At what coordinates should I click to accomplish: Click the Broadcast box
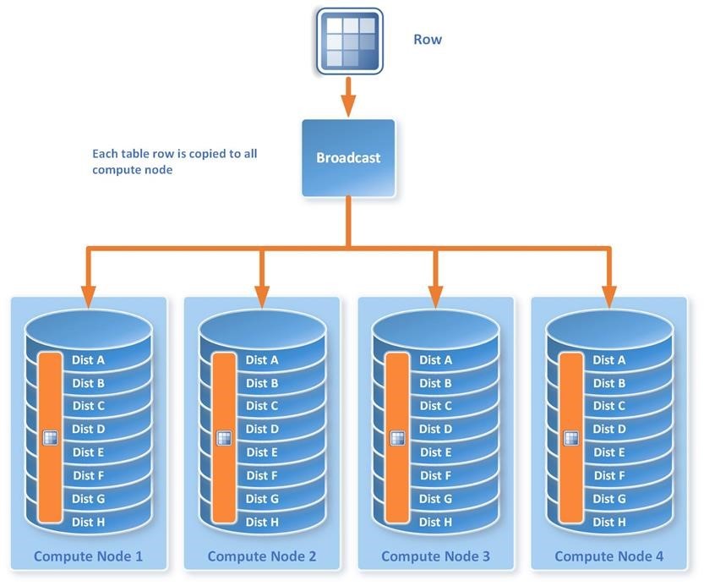pyautogui.click(x=348, y=158)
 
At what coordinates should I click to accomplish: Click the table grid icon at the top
pyautogui.click(x=349, y=39)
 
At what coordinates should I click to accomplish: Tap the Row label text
pyautogui.click(x=428, y=39)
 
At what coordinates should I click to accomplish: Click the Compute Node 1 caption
pyautogui.click(x=88, y=556)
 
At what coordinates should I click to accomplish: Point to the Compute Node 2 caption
pyautogui.click(x=262, y=556)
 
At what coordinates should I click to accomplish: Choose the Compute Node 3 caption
pyautogui.click(x=435, y=556)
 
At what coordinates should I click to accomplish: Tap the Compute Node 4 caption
pyautogui.click(x=608, y=556)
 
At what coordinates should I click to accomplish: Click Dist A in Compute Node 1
pyautogui.click(x=89, y=359)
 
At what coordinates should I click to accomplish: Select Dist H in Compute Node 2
pyautogui.click(x=262, y=522)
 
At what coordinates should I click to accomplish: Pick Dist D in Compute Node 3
pyautogui.click(x=436, y=429)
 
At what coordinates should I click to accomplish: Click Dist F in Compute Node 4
pyautogui.click(x=609, y=475)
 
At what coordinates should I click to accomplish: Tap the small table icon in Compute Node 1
pyautogui.click(x=50, y=437)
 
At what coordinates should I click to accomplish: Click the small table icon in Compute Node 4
pyautogui.click(x=570, y=437)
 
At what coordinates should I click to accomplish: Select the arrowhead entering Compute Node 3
pyautogui.click(x=435, y=296)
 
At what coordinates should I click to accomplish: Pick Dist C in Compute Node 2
pyautogui.click(x=262, y=406)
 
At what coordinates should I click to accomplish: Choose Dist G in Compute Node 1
pyautogui.click(x=89, y=499)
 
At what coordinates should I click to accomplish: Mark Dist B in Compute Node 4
pyautogui.click(x=609, y=383)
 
